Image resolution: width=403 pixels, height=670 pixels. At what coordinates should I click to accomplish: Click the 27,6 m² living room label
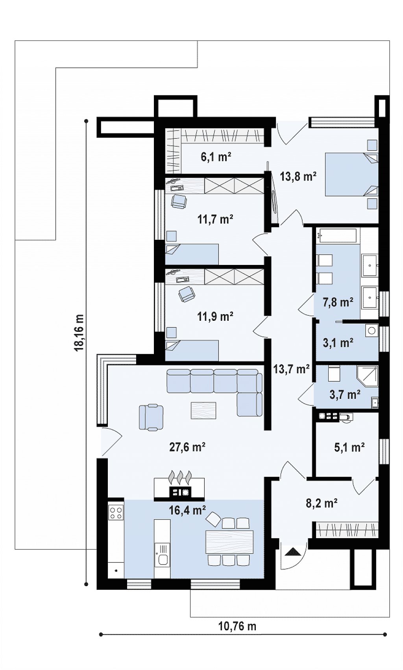coord(187,447)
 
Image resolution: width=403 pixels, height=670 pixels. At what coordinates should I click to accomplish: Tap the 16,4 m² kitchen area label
coord(187,510)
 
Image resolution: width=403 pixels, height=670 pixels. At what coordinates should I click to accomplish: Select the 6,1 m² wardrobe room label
coord(216,157)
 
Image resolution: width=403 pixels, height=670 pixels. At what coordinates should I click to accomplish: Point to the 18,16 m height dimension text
coord(79,332)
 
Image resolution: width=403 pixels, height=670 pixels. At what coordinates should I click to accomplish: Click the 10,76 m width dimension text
coord(238,626)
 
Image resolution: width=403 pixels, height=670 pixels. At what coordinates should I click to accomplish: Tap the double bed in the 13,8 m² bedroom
coord(351,174)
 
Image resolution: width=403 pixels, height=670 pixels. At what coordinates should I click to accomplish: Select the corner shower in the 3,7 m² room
coord(368,376)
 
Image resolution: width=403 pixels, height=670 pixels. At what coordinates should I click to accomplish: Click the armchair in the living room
coord(151,417)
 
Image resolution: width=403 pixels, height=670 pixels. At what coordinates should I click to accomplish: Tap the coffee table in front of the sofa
coord(203,410)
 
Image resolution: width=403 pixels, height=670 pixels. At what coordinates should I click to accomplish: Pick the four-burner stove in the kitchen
coord(116,513)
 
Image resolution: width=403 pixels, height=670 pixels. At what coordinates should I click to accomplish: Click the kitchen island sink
coord(162,558)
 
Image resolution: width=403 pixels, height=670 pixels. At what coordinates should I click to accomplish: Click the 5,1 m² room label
coord(349,448)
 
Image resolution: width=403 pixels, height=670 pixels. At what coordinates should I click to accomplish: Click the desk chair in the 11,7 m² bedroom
coord(179,201)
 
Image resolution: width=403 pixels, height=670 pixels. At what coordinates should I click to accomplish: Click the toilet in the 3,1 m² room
coord(372,331)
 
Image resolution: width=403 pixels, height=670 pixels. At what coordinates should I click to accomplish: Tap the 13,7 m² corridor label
coord(291,369)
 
